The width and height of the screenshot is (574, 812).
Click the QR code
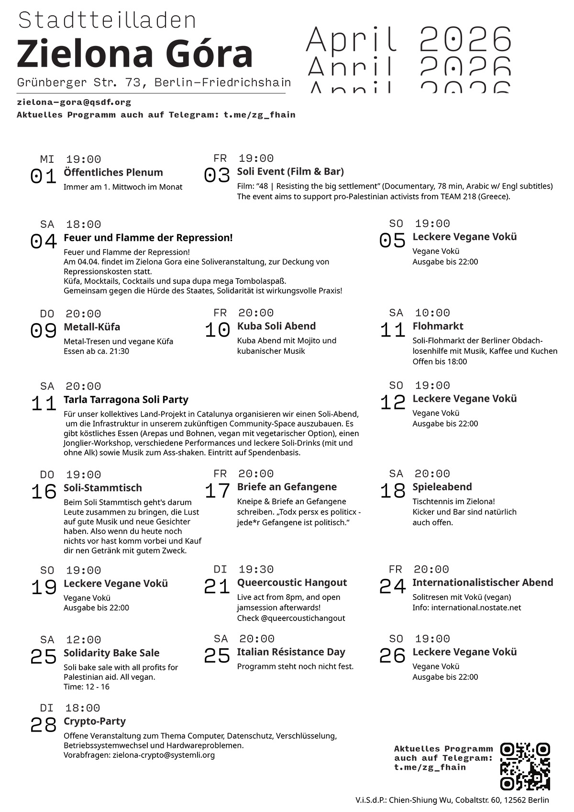(x=525, y=766)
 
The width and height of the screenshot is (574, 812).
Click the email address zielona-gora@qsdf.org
(x=74, y=102)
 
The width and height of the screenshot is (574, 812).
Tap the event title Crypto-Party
(x=95, y=722)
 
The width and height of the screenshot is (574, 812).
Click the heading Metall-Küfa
(x=92, y=327)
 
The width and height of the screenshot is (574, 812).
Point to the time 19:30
(x=256, y=569)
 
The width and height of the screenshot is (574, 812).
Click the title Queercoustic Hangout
(x=292, y=583)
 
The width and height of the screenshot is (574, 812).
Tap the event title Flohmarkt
(x=438, y=326)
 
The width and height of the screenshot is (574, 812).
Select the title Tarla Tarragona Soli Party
(x=126, y=400)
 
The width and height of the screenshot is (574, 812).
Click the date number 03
(x=217, y=176)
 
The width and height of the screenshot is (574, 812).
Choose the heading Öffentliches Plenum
(x=113, y=172)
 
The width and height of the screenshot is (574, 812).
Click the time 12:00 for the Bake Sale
(x=83, y=640)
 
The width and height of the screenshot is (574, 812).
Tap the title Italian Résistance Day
(x=291, y=652)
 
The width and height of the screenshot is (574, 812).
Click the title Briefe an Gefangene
(x=287, y=487)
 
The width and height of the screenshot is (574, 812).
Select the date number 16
(x=44, y=492)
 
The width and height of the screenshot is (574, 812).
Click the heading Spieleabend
(x=442, y=487)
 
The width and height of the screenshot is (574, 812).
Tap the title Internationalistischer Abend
(x=483, y=583)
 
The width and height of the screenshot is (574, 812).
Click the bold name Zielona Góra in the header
(x=135, y=54)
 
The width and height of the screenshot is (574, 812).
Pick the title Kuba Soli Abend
(x=276, y=326)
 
